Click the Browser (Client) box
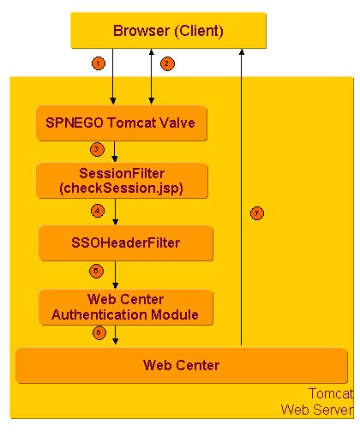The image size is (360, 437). [x=168, y=32]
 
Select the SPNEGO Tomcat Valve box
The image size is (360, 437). [x=125, y=123]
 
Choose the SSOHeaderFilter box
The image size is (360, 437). [x=125, y=243]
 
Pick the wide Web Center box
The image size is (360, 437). [x=181, y=366]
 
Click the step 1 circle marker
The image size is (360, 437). [x=99, y=63]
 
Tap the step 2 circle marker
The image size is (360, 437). [x=167, y=63]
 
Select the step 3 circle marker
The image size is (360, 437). [x=97, y=150]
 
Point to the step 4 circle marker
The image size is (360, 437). [x=97, y=210]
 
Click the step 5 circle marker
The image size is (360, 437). [x=97, y=271]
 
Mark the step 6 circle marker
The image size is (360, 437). [x=97, y=332]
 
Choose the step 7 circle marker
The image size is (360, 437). [x=256, y=213]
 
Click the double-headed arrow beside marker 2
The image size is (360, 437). [x=151, y=77]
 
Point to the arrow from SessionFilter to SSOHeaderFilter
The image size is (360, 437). [x=114, y=213]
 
